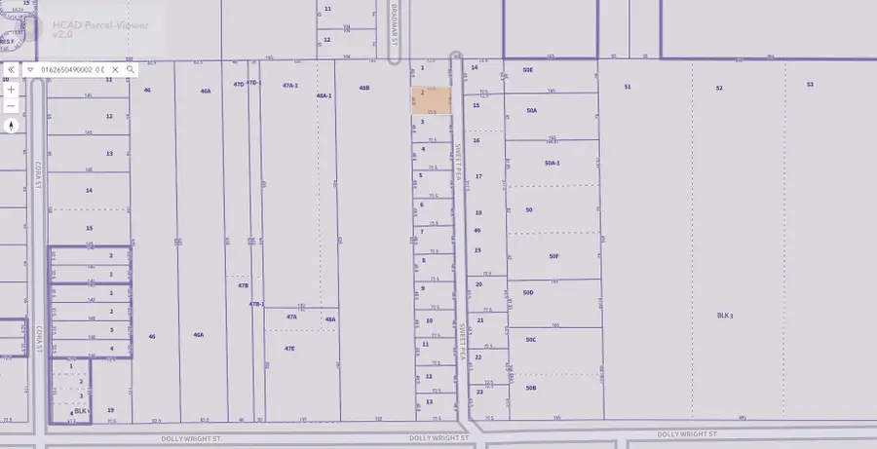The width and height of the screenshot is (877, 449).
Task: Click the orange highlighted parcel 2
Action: point(431,101)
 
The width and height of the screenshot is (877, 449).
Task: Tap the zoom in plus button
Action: point(11,90)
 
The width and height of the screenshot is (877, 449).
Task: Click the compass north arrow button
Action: point(11,125)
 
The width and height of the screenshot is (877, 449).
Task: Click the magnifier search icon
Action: point(130,70)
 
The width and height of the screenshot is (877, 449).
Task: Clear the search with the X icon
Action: point(115,70)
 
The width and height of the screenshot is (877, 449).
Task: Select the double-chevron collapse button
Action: point(11,70)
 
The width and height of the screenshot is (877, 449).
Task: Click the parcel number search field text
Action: point(72,70)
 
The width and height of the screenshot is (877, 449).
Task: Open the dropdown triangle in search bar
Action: point(30,70)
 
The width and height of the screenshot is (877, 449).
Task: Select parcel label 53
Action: point(810,85)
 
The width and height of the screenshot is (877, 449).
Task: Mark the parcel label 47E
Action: point(289,348)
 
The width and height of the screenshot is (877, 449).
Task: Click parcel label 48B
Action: point(364,88)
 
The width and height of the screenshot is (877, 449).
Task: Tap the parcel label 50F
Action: point(553,256)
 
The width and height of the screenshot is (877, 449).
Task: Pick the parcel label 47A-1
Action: point(289,86)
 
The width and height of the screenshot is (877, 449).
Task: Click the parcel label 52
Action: point(719,88)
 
